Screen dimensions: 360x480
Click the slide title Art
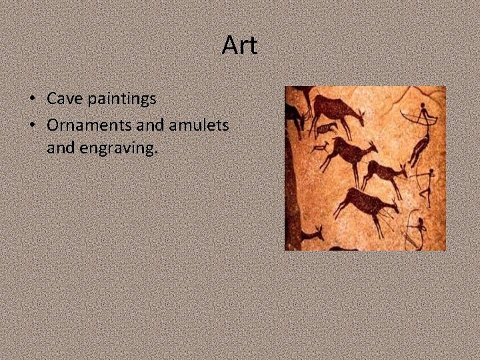pyautogui.click(x=239, y=46)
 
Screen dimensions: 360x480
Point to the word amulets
pyautogui.click(x=200, y=124)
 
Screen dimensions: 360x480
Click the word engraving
pyautogui.click(x=118, y=148)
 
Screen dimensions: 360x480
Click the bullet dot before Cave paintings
pyautogui.click(x=32, y=99)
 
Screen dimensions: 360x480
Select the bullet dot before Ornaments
pyautogui.click(x=32, y=125)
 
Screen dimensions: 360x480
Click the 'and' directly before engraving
pyautogui.click(x=61, y=147)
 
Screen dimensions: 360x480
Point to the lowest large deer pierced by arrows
pyautogui.click(x=367, y=203)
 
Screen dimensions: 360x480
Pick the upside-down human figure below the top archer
pyautogui.click(x=419, y=148)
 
